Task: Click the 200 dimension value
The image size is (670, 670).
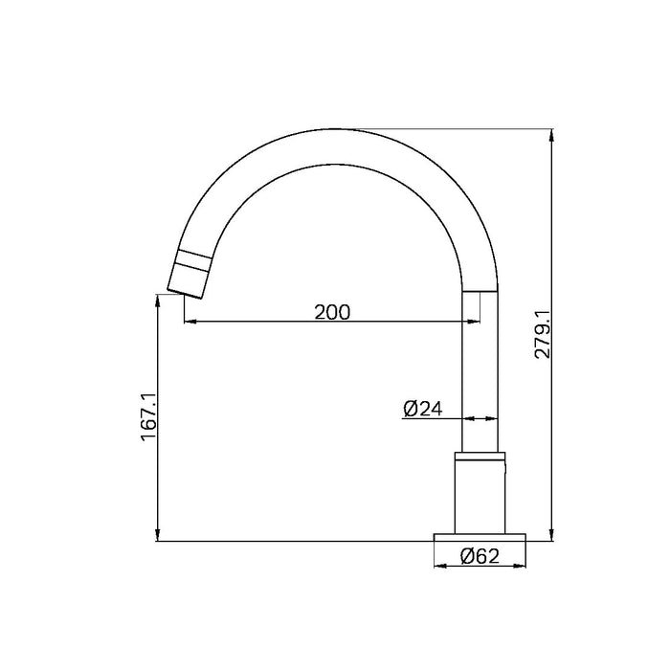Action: pos(332,311)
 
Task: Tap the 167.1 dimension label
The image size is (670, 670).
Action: pos(147,415)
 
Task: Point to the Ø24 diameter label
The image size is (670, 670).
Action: pos(422,409)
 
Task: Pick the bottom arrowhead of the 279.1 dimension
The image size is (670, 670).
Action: pos(553,536)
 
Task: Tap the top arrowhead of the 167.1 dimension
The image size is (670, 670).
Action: pos(157,300)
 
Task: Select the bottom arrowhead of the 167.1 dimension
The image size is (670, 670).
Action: pos(157,536)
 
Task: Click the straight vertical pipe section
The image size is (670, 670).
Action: pos(480,373)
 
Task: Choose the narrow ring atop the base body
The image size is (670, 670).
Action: pos(480,456)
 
